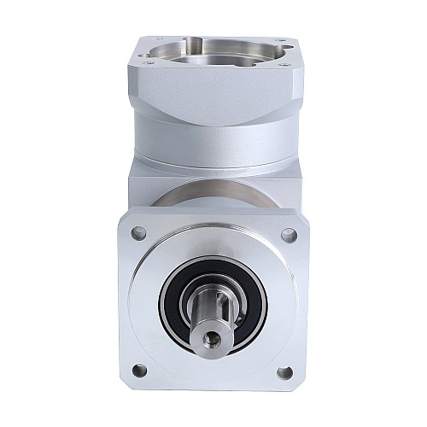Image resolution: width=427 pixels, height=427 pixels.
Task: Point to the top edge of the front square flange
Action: coord(213,210)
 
